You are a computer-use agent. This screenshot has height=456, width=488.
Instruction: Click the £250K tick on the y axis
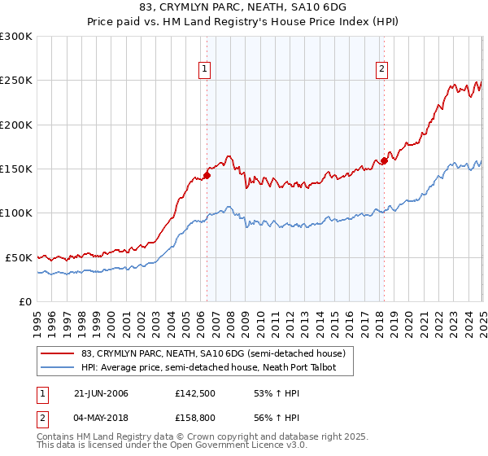16,81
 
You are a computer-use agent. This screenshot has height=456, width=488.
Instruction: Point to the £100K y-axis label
16,213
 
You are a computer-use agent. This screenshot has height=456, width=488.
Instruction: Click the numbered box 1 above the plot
206,70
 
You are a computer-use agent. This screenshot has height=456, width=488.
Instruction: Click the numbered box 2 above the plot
381,70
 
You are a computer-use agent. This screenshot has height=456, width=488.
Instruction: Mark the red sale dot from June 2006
207,174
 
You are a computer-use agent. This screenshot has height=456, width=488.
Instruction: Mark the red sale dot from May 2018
384,160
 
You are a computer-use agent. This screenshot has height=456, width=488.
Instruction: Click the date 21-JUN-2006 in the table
100,393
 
